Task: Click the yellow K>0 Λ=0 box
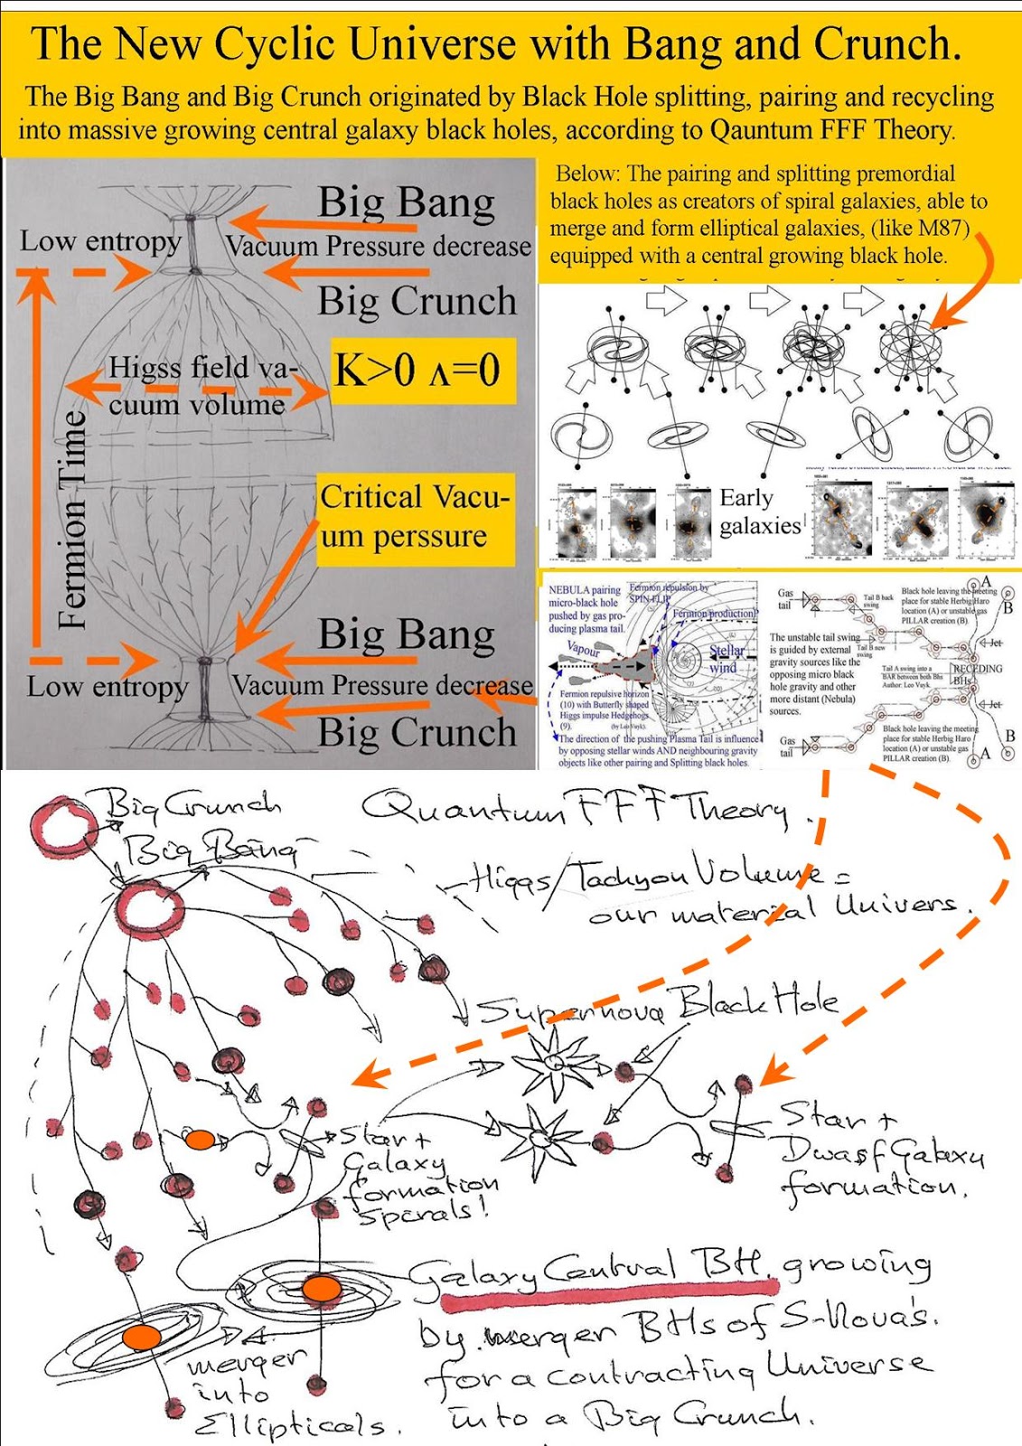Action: (x=422, y=371)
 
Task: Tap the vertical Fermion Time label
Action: (x=72, y=520)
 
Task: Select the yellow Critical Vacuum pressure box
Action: (x=415, y=517)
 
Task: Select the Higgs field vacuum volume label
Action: (x=199, y=386)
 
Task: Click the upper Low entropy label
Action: (x=101, y=241)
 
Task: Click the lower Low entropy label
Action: (x=108, y=686)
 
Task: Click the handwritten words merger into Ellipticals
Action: (x=271, y=1393)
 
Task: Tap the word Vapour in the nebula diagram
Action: (x=584, y=649)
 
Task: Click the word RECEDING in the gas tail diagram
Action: (x=977, y=669)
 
